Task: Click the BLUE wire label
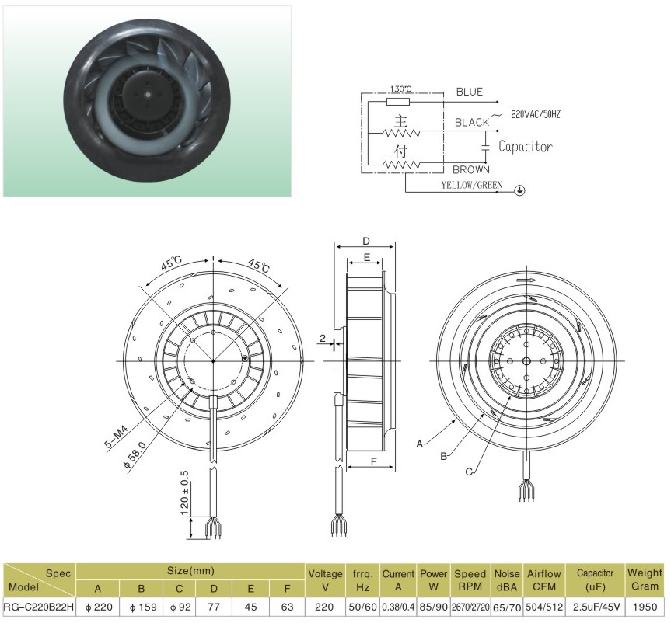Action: pos(469,92)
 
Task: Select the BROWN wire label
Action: pos(471,170)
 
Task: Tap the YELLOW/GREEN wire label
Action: pos(472,185)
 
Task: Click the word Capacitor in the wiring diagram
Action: pos(526,147)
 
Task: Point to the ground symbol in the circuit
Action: pos(520,190)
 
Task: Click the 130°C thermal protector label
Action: pos(400,89)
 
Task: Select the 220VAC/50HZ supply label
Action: pos(536,114)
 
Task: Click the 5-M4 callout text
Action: pos(116,436)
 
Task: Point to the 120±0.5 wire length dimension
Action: pos(184,492)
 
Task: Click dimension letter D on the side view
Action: pos(366,242)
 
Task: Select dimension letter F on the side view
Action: pos(373,461)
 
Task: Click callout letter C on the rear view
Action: pos(469,472)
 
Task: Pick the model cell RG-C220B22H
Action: pos(39,607)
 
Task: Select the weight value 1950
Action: pos(645,607)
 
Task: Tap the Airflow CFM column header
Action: pos(544,580)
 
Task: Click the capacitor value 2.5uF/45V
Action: pos(596,607)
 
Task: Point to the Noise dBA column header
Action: pos(507,580)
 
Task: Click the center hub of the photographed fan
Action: pos(147,94)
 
